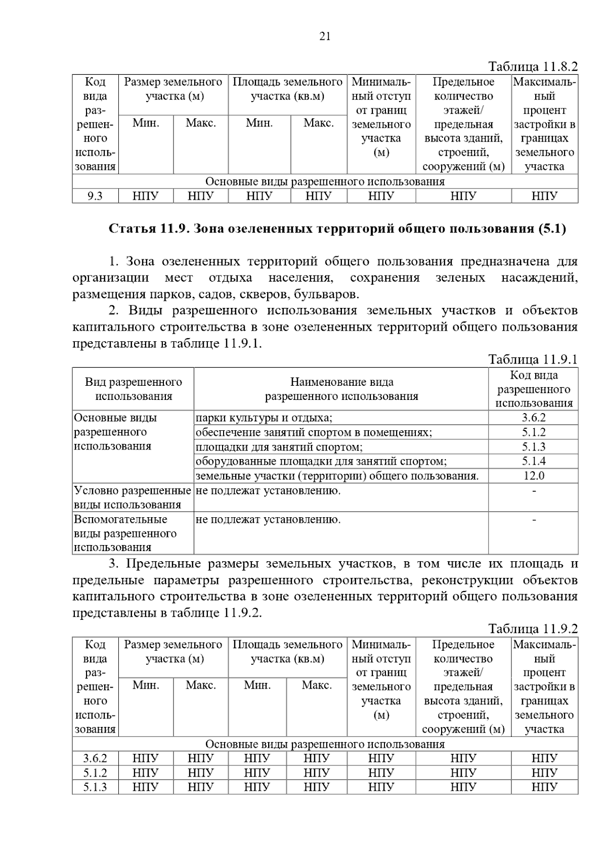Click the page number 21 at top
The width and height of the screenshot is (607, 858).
click(325, 36)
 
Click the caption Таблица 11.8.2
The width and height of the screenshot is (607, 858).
click(533, 67)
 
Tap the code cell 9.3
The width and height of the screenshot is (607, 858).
click(95, 196)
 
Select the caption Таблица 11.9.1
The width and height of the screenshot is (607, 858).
click(533, 359)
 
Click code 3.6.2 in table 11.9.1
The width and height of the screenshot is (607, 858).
click(533, 418)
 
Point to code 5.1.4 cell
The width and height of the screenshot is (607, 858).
click(533, 461)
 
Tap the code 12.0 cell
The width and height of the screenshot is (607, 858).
click(533, 476)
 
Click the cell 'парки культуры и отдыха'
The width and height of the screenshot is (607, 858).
click(264, 418)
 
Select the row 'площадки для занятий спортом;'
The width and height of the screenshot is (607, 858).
click(279, 447)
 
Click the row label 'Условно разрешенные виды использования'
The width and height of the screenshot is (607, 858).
click(133, 498)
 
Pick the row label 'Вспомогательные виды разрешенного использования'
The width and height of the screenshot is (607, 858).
click(125, 533)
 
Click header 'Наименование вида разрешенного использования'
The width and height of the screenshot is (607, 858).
click(341, 389)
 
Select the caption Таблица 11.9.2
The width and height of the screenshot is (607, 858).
click(533, 629)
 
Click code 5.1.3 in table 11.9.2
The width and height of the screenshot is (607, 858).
click(95, 787)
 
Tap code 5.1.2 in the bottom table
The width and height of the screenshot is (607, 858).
click(95, 773)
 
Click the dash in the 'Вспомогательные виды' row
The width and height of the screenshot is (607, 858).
click(533, 519)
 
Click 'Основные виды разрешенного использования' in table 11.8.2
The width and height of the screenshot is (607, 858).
click(325, 182)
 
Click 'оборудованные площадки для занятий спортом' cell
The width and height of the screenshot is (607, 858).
click(321, 461)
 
